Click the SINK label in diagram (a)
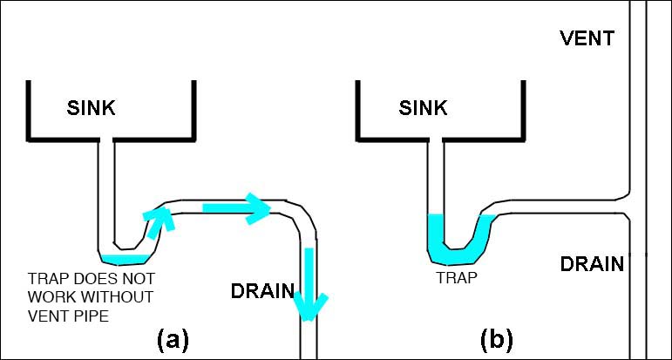coord(92,108)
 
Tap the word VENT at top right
coord(587,38)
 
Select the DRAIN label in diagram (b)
coord(592,263)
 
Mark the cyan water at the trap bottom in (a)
coord(124,258)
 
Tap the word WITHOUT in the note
coord(116,297)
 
